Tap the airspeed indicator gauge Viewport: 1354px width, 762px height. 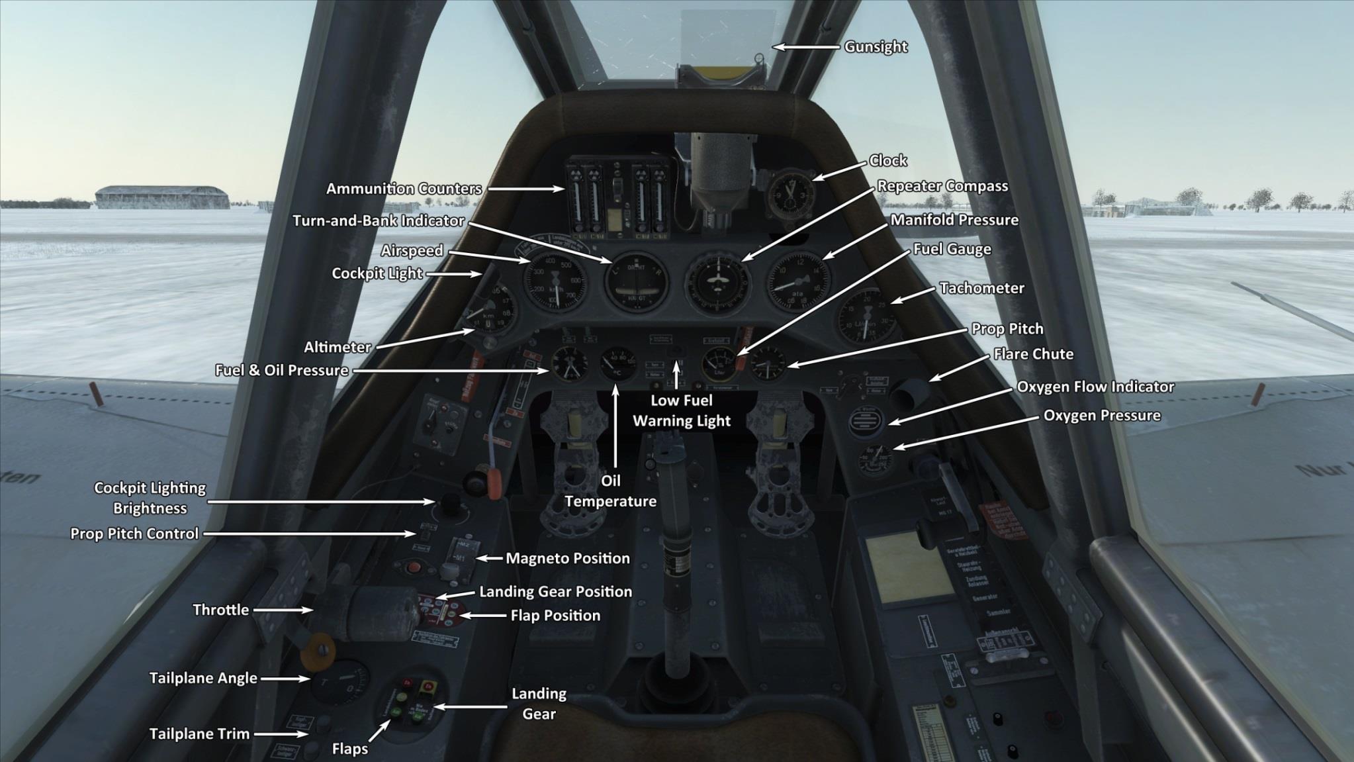point(555,283)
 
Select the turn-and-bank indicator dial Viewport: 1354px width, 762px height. point(636,284)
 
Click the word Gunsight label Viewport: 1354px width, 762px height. point(876,47)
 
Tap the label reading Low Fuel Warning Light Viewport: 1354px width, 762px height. point(682,410)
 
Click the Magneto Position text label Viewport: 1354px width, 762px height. point(567,558)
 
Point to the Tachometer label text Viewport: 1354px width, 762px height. point(981,288)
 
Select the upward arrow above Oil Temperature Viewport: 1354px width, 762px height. point(616,424)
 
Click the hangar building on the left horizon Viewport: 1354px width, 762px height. point(162,197)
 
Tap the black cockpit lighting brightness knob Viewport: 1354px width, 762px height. point(451,504)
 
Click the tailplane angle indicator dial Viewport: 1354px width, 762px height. point(339,683)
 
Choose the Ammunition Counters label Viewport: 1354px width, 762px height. point(404,189)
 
